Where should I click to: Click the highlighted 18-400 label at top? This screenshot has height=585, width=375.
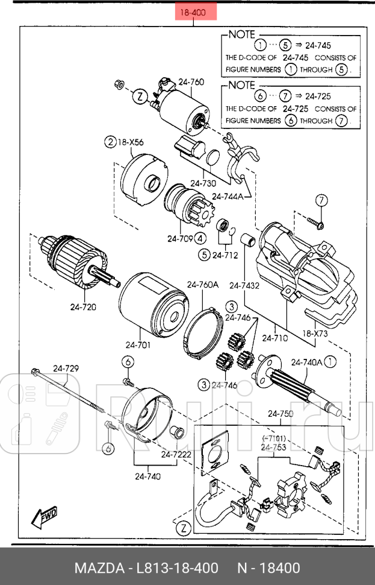(x=195, y=11)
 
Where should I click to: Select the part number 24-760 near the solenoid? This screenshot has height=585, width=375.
(x=191, y=82)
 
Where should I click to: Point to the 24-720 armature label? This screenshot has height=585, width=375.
(x=83, y=306)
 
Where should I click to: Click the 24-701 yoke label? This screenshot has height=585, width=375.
(x=138, y=345)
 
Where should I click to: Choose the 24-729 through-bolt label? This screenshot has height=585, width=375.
(x=66, y=368)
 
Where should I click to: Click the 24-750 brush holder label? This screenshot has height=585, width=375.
(x=280, y=414)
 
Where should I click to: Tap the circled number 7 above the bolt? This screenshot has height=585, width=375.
(x=321, y=200)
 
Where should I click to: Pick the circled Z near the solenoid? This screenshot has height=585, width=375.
(x=139, y=96)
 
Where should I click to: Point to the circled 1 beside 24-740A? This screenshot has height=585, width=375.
(x=331, y=362)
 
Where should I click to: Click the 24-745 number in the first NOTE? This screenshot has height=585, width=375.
(x=318, y=45)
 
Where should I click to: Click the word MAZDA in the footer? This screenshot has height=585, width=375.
(x=98, y=568)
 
